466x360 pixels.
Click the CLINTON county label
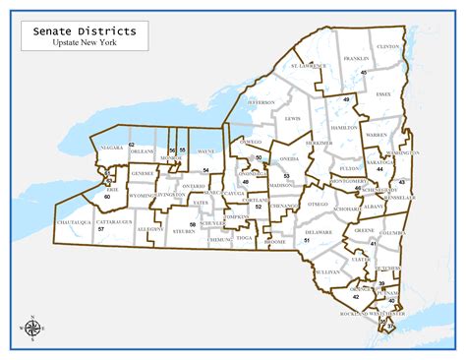[388, 46]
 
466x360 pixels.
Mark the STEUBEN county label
[183, 232]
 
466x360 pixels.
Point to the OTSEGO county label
[317, 204]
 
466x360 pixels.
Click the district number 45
[363, 73]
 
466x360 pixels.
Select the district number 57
[101, 229]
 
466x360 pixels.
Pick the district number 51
[307, 240]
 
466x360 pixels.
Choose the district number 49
[346, 100]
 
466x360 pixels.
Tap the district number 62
[131, 145]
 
